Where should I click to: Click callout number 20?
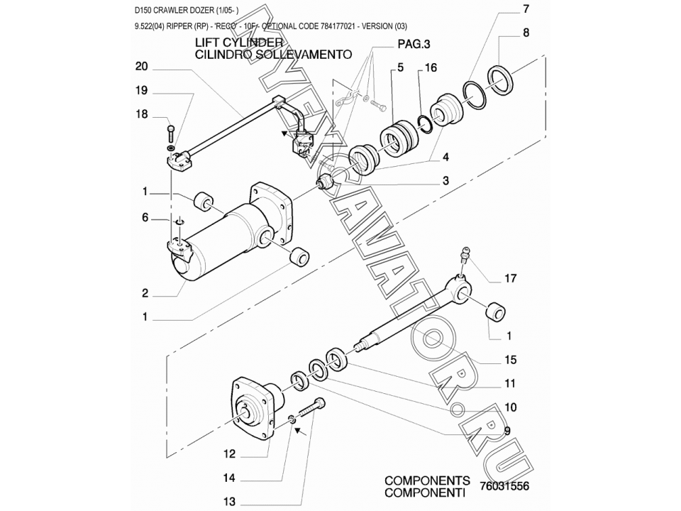140,67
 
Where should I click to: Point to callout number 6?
145,218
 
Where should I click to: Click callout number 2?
145,292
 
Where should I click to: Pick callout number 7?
526,9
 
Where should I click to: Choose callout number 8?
526,33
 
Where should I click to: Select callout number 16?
431,68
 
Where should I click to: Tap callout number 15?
510,361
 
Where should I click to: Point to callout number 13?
229,502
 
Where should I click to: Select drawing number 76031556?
504,487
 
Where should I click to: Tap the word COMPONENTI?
425,492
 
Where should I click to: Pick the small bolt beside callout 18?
171,132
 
